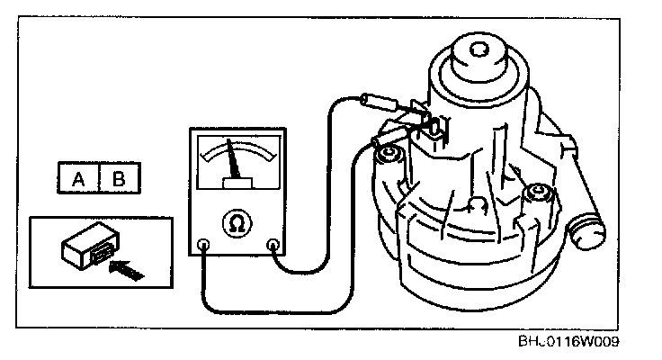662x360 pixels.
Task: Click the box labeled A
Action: click(79, 178)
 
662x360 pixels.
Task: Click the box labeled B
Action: click(118, 178)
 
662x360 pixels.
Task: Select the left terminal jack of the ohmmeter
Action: click(203, 243)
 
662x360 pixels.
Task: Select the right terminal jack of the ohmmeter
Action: click(273, 243)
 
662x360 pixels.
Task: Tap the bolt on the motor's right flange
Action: click(537, 192)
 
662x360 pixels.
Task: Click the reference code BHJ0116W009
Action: click(568, 343)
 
